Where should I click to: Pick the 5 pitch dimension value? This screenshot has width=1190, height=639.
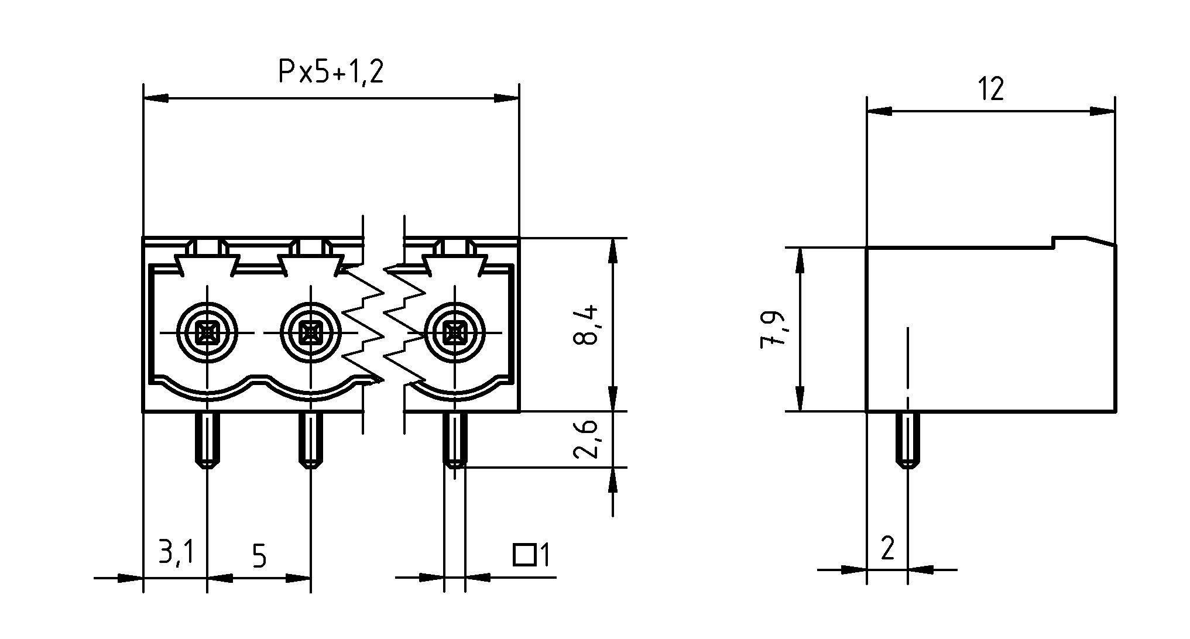pos(259,556)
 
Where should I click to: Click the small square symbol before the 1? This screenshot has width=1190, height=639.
pos(525,555)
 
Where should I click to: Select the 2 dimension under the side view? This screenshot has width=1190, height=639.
pos(887,549)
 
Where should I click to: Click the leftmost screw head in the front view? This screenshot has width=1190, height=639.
pos(207,334)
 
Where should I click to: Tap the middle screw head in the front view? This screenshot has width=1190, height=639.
pos(310,334)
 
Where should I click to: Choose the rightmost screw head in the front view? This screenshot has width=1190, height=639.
pos(454,334)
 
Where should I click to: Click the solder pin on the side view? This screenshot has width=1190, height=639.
pos(908,440)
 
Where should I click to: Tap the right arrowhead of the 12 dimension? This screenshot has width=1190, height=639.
pos(1103,111)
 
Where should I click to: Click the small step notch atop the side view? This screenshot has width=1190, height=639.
pos(1054,242)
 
